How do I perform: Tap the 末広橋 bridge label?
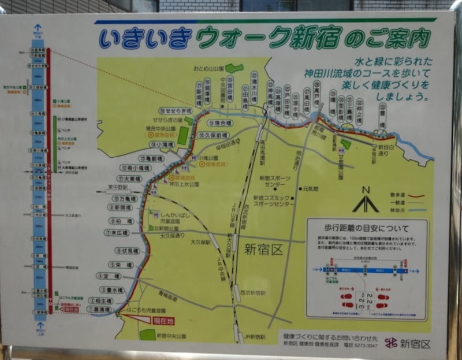tap(120, 233)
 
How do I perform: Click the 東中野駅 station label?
tap(118, 187)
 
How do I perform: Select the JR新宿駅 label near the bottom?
tap(254, 337)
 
